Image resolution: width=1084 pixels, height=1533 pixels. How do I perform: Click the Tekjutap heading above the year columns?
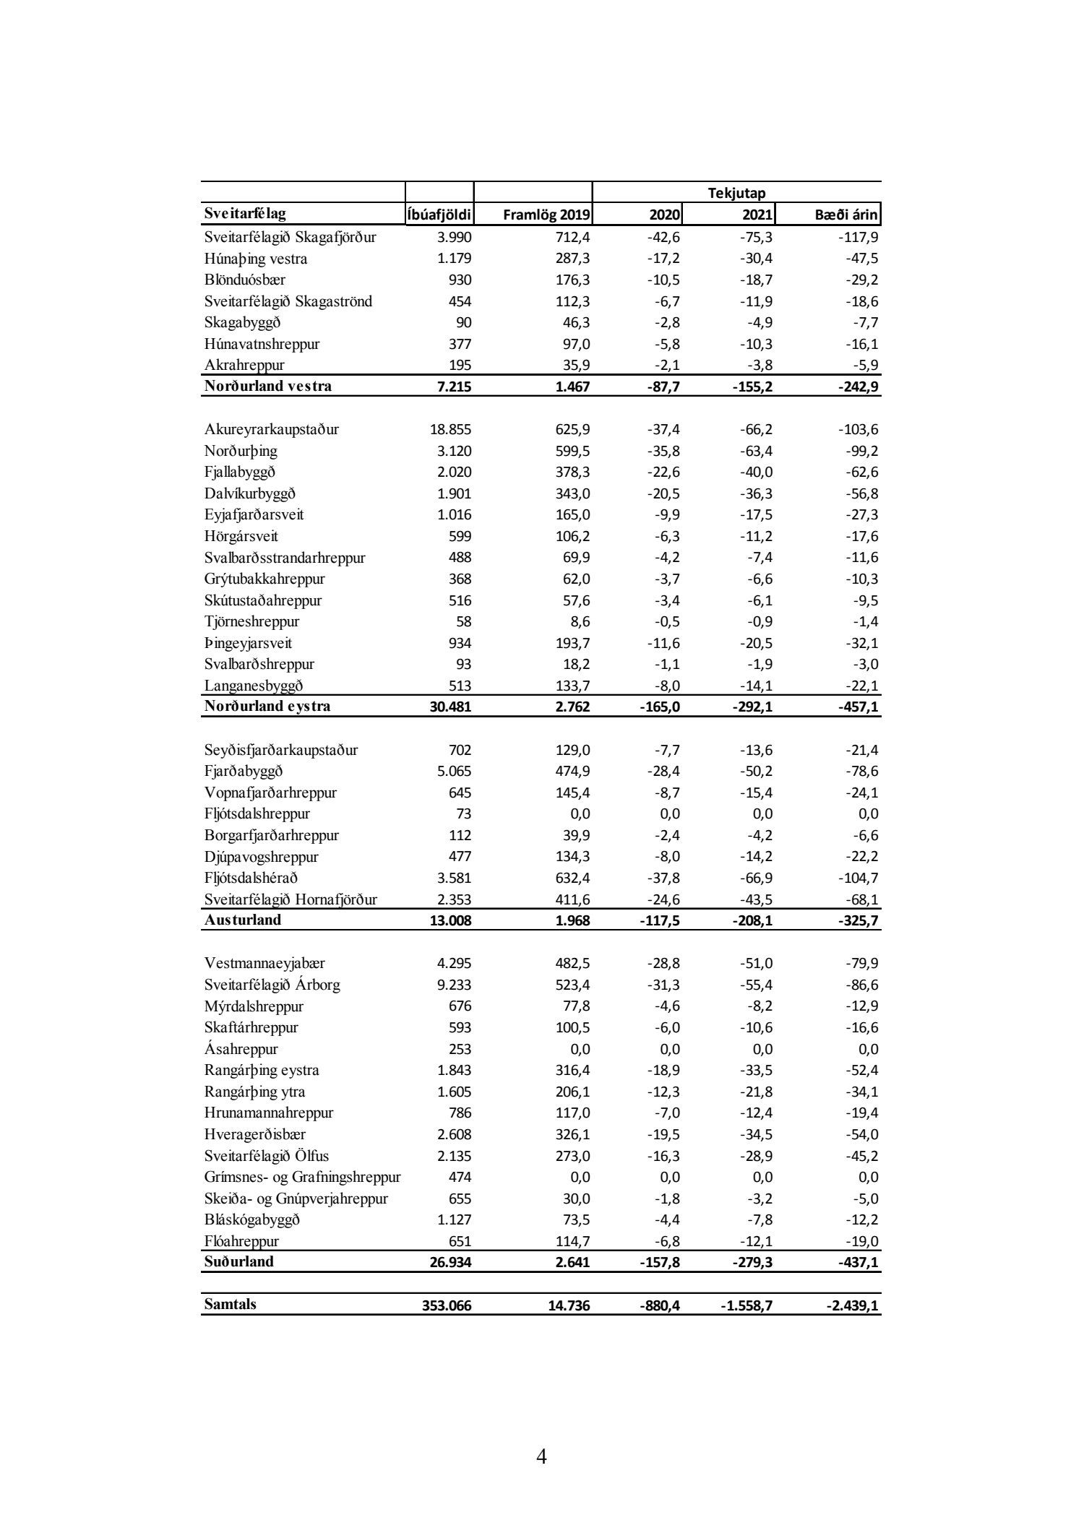point(736,193)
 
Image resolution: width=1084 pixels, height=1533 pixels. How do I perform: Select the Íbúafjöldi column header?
point(439,215)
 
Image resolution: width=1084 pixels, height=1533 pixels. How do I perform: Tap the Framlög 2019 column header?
point(546,215)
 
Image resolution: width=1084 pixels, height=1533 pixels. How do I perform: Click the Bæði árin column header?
point(846,215)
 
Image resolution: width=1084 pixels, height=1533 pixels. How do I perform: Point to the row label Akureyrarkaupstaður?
point(272,430)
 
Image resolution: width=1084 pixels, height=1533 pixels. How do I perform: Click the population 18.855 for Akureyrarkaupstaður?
point(450,430)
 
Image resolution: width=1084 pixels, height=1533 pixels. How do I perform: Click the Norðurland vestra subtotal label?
point(268,387)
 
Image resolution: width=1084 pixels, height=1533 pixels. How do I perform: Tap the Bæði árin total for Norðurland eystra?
point(859,707)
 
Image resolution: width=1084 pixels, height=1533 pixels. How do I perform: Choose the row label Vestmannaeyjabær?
point(264,964)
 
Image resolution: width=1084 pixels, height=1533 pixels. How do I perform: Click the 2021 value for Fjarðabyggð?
point(756,772)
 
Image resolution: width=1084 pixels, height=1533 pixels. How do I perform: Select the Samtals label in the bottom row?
point(230,1304)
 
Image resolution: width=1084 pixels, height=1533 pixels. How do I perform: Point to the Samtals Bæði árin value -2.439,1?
point(853,1305)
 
